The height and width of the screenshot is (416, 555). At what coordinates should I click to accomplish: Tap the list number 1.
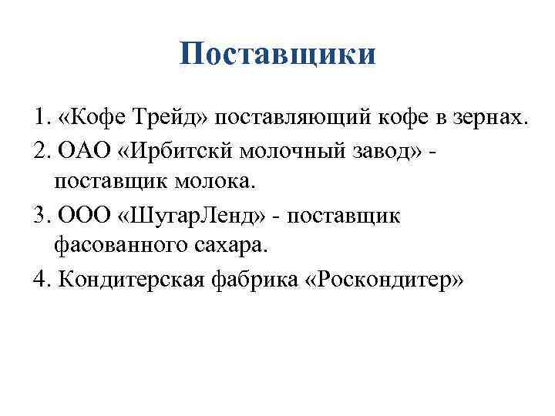coord(39,119)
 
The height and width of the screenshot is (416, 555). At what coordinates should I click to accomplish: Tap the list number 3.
coord(39,215)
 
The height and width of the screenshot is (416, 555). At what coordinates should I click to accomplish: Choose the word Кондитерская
coord(129,278)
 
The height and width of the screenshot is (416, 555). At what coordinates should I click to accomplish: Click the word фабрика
coord(247,278)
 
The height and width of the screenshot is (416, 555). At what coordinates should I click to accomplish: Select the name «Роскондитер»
coord(377,278)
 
